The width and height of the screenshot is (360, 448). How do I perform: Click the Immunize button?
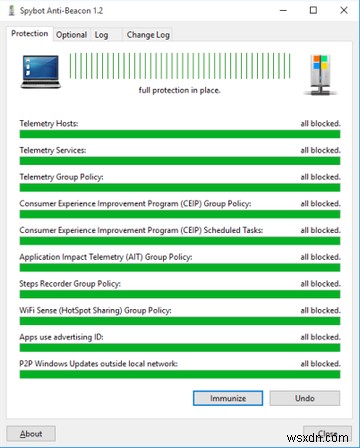227,397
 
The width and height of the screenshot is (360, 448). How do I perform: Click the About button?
32,434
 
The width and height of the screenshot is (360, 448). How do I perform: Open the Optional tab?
71,33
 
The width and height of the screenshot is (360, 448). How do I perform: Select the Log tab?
102,33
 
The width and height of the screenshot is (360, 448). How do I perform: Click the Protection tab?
30,33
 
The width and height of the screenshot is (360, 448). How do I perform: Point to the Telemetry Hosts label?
49,124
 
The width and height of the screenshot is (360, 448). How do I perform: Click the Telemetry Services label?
53,150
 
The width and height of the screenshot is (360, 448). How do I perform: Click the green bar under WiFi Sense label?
180,321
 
